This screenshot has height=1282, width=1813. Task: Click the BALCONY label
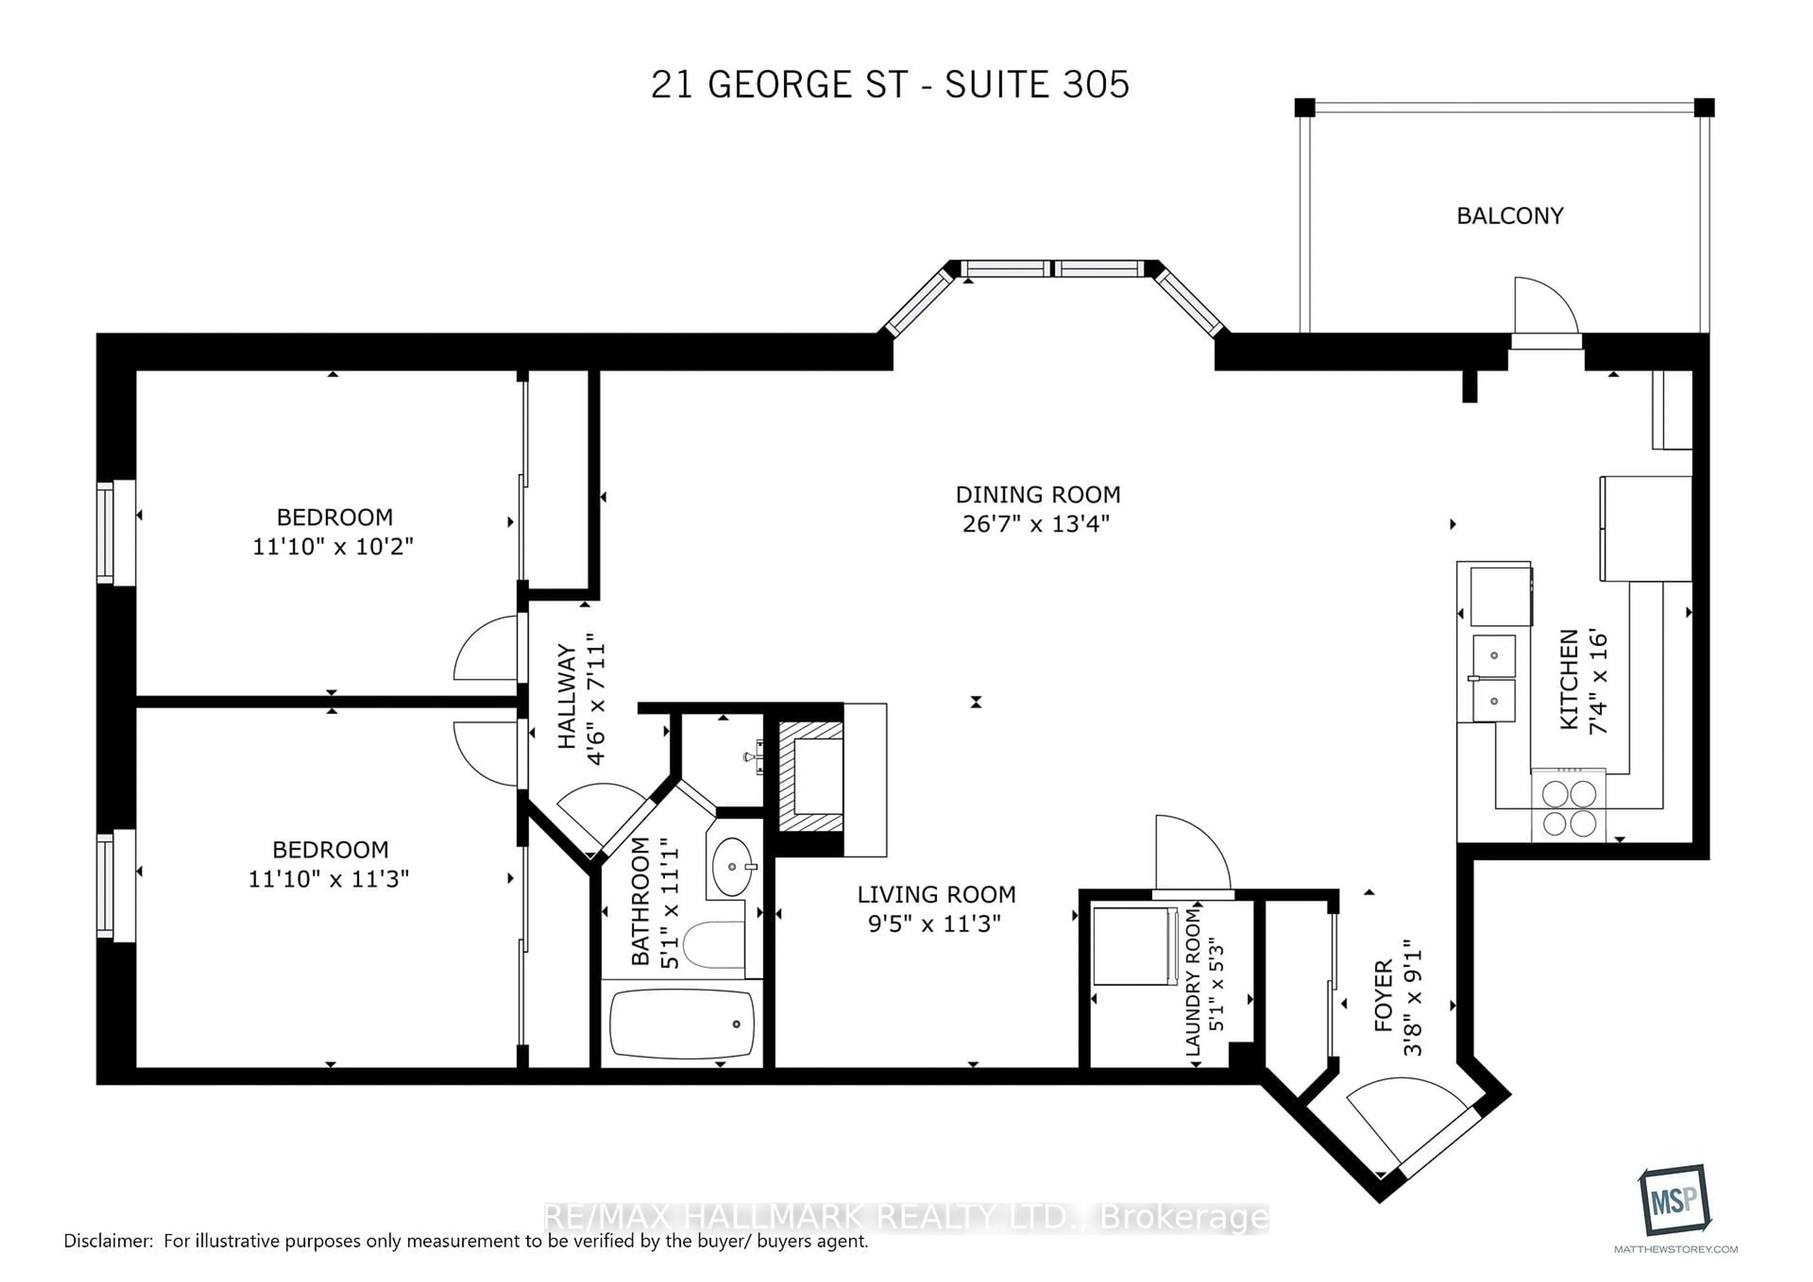click(1509, 216)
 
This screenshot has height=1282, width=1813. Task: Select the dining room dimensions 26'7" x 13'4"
click(1036, 524)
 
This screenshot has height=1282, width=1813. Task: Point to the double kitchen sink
click(1493, 678)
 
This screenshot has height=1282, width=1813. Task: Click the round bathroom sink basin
click(732, 867)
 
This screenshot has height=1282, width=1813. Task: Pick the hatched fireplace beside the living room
click(811, 777)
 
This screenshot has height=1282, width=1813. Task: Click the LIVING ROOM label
click(937, 894)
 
